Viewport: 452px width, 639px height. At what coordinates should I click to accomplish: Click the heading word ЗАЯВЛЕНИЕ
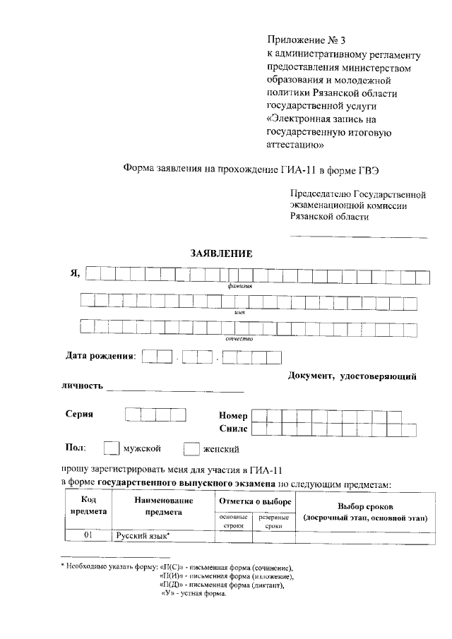pos(221,253)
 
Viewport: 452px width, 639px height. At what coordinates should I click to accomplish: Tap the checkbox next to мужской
pos(112,448)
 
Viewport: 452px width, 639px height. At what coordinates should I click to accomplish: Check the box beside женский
pos(191,448)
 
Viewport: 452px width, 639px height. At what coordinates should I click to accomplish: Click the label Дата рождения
pos(100,355)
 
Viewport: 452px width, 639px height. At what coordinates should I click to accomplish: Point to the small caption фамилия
pos(240,286)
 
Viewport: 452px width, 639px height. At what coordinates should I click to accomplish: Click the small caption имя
pos(239,312)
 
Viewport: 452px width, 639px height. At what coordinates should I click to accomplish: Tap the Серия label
pos(80,415)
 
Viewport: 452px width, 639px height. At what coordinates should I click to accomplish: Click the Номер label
pos(233,416)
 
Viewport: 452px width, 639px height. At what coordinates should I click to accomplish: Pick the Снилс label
pos(233,429)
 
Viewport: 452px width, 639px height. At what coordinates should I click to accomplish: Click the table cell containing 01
pos(88,537)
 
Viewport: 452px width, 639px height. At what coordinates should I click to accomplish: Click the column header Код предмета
pos(88,506)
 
